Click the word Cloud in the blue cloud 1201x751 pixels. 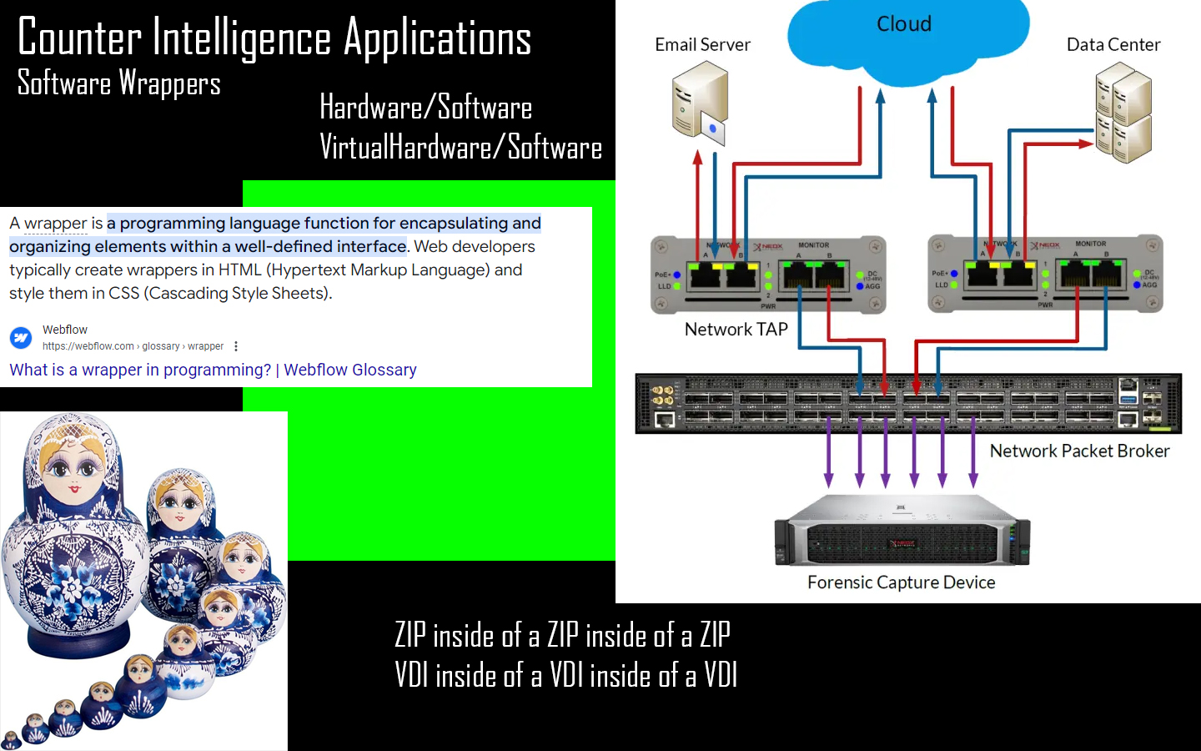click(904, 24)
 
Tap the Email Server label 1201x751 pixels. click(702, 45)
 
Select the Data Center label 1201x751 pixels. click(1113, 45)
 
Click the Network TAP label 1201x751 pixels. click(736, 330)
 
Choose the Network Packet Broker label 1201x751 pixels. click(1079, 451)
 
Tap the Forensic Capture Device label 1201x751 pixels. click(901, 582)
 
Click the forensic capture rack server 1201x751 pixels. click(902, 533)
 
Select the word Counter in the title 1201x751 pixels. click(80, 38)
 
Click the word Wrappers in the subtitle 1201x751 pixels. click(169, 83)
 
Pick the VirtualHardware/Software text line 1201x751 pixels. click(460, 148)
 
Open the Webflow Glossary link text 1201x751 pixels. click(213, 370)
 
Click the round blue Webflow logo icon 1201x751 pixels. click(21, 338)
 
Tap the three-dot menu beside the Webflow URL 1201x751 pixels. click(236, 346)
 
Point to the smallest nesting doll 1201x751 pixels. click(11, 739)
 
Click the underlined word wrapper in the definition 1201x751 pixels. click(55, 224)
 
